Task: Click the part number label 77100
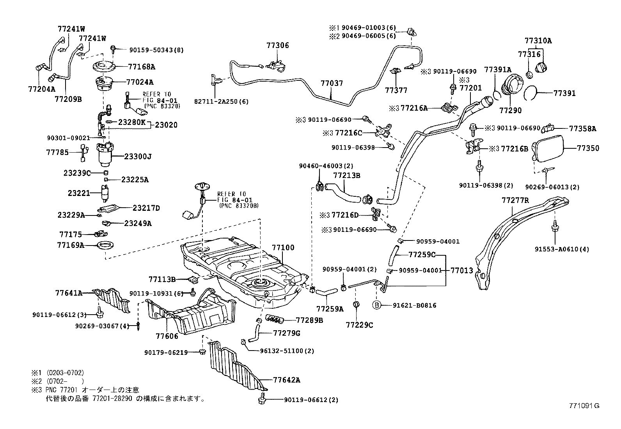coord(283,247)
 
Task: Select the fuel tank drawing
coord(242,269)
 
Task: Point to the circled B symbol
coord(377,305)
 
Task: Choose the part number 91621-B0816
coord(415,305)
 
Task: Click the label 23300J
coord(138,157)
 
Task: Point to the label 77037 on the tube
coord(332,83)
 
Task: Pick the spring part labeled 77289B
coord(275,319)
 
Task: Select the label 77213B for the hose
coord(346,175)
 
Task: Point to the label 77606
coord(167,336)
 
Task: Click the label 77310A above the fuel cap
coord(538,40)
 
